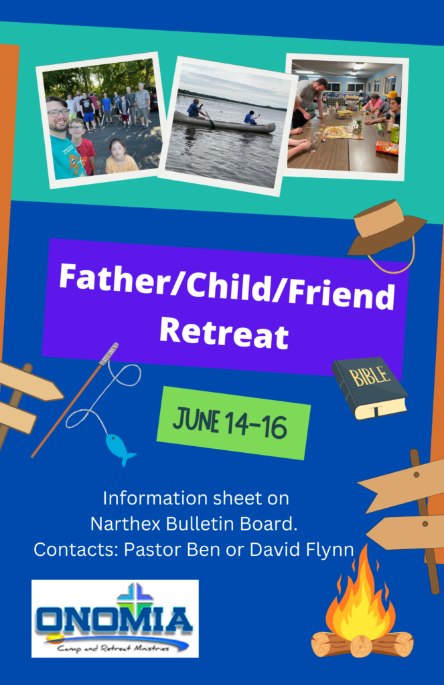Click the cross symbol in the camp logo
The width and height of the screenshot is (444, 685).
click(135, 597)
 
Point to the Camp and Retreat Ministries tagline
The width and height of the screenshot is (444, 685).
click(113, 648)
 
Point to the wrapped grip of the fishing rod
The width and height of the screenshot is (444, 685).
click(109, 353)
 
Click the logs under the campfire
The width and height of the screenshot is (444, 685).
click(362, 644)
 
